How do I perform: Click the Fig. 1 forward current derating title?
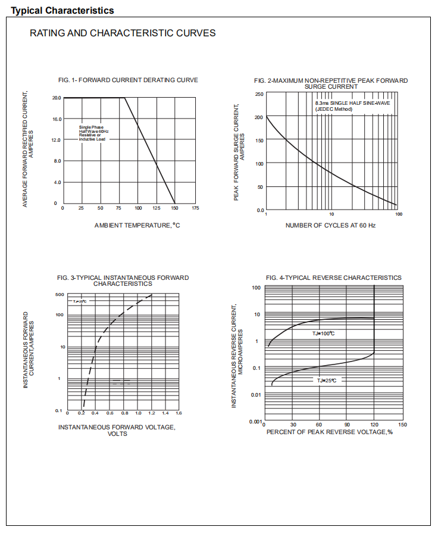click(x=128, y=80)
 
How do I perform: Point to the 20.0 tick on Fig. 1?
click(x=57, y=98)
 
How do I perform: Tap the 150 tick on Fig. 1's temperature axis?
click(x=174, y=208)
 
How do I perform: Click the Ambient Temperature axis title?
click(x=137, y=225)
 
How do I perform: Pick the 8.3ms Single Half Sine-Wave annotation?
click(x=352, y=106)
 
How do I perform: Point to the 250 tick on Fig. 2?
click(x=259, y=94)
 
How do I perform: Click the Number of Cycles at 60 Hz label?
click(x=330, y=225)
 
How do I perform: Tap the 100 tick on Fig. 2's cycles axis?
click(x=398, y=214)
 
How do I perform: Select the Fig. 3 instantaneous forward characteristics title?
click(x=123, y=280)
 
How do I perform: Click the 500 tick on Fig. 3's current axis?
click(x=60, y=294)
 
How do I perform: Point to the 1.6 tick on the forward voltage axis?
click(x=179, y=413)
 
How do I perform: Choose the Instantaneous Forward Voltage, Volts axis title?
click(x=117, y=430)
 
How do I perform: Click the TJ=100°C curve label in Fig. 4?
click(x=324, y=333)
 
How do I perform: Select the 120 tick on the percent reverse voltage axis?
click(x=374, y=425)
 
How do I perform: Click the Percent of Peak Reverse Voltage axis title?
click(x=329, y=432)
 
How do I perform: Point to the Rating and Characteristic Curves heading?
click(x=123, y=33)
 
